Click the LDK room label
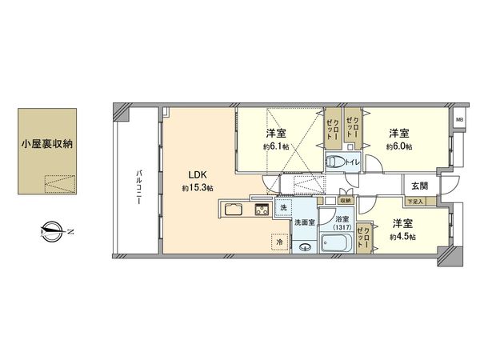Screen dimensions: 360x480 pyautogui.click(x=197, y=174)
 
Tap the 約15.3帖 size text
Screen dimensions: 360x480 pyautogui.click(x=197, y=188)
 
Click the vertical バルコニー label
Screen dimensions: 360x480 pyautogui.click(x=138, y=186)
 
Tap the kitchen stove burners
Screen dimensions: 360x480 pyautogui.click(x=262, y=211)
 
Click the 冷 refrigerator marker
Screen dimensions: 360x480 pyautogui.click(x=280, y=240)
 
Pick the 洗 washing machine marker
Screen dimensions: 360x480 pyautogui.click(x=284, y=208)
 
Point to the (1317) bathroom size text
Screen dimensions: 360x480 pyautogui.click(x=342, y=227)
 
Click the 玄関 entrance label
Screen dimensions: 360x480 pyautogui.click(x=419, y=186)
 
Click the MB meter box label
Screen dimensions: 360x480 pyautogui.click(x=459, y=120)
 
